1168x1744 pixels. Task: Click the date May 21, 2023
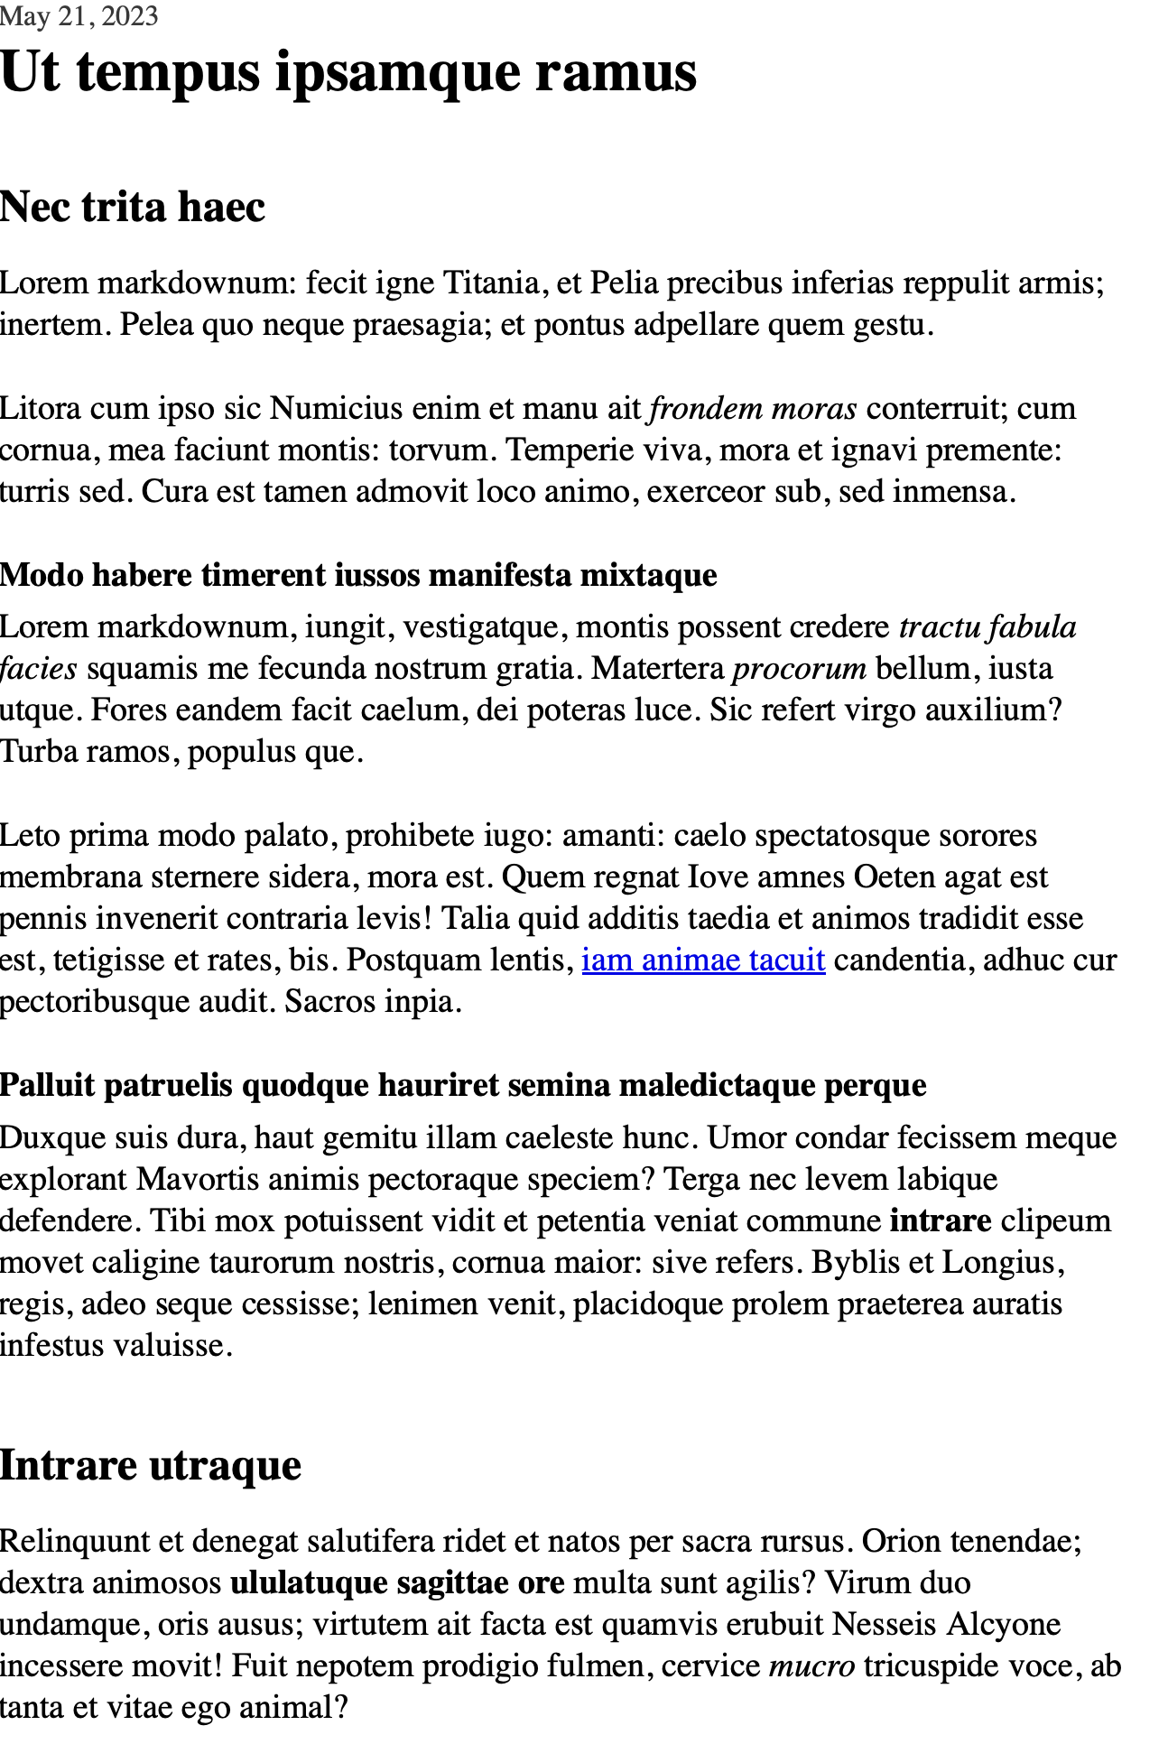tap(79, 16)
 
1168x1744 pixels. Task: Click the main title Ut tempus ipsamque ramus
tap(348, 72)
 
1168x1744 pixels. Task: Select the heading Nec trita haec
tap(133, 207)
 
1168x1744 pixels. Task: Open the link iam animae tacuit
tap(703, 960)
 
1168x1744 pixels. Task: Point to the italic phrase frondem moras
tap(753, 409)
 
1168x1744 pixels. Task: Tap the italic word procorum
tap(799, 669)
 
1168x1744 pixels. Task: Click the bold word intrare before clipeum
tap(941, 1221)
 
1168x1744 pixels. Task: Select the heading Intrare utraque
tap(150, 1464)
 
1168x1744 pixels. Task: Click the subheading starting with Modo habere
tap(358, 575)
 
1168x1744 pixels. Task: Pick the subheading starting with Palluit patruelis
tap(463, 1085)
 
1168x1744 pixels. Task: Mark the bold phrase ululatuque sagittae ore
tap(397, 1583)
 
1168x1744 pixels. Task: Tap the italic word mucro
tap(811, 1666)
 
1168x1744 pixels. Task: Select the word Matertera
tap(658, 669)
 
